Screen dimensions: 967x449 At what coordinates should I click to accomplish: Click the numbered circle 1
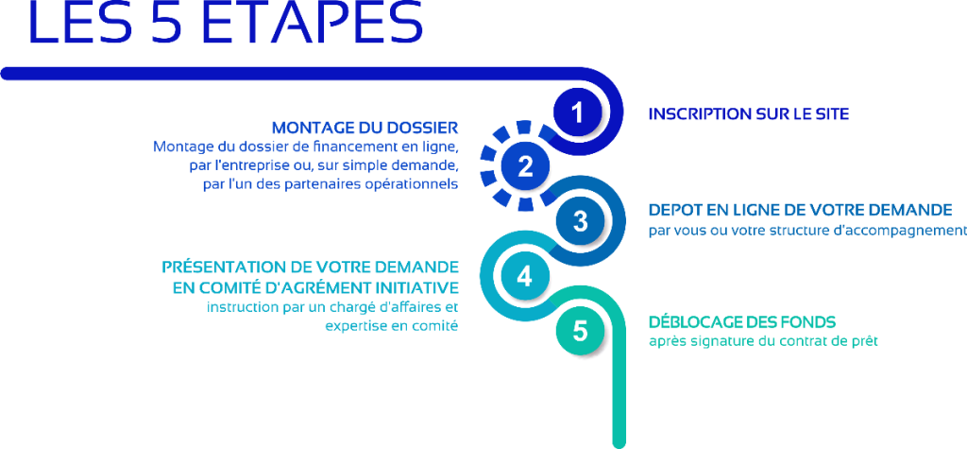[577, 113]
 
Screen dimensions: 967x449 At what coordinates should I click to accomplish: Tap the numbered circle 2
[525, 166]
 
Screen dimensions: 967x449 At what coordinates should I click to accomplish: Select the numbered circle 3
[581, 221]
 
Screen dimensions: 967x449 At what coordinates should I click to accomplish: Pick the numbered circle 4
[524, 277]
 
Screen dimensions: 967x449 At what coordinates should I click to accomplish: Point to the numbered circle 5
[581, 331]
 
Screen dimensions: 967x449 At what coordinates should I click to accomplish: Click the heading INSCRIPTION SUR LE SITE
[749, 114]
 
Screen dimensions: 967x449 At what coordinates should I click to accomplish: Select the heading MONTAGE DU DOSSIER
[365, 128]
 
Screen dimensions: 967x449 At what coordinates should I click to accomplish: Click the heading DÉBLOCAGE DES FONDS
[742, 321]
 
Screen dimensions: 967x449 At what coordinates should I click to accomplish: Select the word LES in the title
[76, 23]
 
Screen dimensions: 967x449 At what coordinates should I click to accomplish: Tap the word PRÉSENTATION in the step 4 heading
[222, 267]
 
